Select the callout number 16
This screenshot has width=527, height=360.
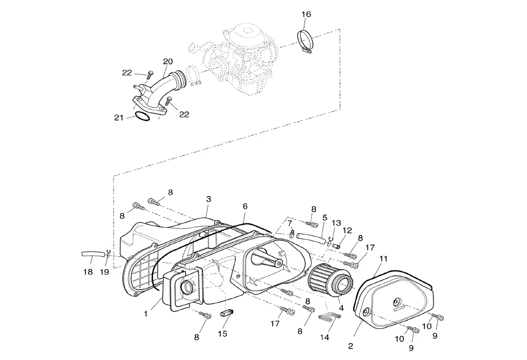point(306,14)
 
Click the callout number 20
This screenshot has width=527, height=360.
point(168,61)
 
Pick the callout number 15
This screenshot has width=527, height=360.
point(222,333)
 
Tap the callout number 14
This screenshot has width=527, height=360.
point(325,337)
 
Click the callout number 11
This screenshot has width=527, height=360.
point(383,258)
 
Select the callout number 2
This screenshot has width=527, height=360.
point(351,346)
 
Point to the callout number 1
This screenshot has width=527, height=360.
point(146,314)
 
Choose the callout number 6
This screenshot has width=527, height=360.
point(245,206)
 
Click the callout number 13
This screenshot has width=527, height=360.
point(336,223)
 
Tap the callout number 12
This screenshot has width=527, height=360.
point(347,231)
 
